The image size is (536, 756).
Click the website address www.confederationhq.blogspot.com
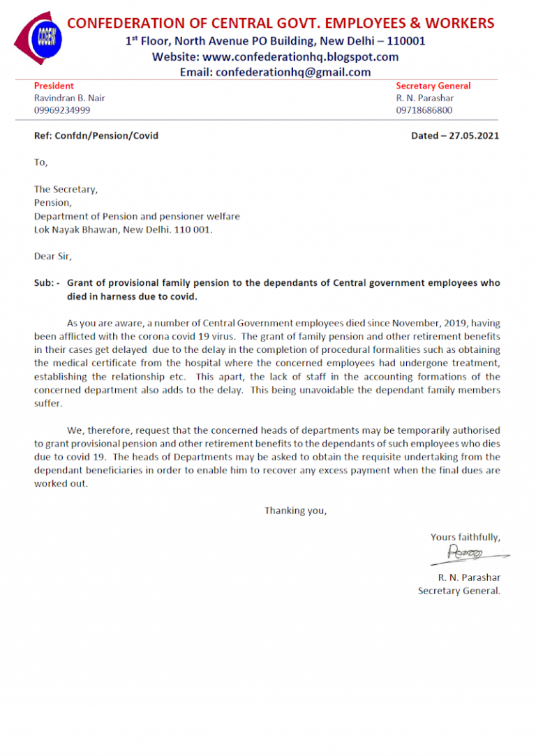(x=301, y=56)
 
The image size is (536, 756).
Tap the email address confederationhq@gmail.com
(x=293, y=72)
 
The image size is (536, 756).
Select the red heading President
(x=54, y=86)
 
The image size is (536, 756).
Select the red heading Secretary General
(x=433, y=86)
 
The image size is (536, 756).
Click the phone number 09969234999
(x=62, y=110)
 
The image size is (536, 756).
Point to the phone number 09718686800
(x=424, y=110)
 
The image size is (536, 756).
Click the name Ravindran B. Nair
(x=70, y=98)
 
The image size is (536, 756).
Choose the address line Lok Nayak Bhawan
(x=77, y=229)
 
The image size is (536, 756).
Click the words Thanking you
(x=295, y=511)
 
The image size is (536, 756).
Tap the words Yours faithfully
(x=465, y=536)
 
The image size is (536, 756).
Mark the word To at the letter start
(x=40, y=162)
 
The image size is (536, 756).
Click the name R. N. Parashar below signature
(x=469, y=577)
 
